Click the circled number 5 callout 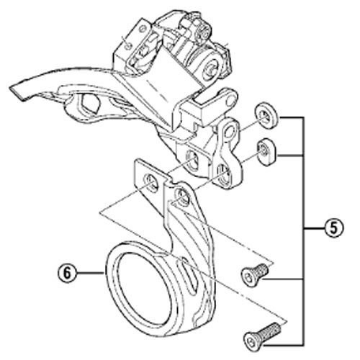(334, 228)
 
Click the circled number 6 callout (67, 273)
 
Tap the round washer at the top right (266, 115)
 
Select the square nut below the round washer (266, 152)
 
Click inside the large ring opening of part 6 (143, 288)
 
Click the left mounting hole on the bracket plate (150, 183)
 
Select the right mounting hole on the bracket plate (181, 197)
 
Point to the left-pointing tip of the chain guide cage (10, 88)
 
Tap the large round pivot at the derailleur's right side (212, 68)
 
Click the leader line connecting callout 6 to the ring (91, 273)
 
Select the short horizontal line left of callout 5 (314, 228)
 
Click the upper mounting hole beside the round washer (230, 132)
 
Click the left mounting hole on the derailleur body (192, 161)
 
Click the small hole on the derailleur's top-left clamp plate (129, 45)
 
